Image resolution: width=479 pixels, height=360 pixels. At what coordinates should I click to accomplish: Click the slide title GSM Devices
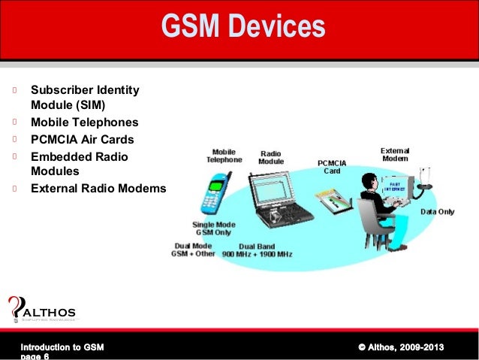pos(243,28)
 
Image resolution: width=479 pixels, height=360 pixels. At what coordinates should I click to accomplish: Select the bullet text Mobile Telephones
pos(84,123)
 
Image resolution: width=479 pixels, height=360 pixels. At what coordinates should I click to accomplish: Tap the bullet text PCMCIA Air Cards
pos(82,139)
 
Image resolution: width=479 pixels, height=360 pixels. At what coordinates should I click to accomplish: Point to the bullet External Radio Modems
pos(98,188)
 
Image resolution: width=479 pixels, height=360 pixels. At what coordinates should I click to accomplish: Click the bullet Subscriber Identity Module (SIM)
pos(84,98)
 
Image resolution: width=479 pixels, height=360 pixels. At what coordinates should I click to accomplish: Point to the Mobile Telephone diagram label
pos(224,156)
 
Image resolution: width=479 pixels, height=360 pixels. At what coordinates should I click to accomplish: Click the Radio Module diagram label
pos(271,156)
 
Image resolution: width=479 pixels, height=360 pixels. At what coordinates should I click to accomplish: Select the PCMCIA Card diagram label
pos(332,166)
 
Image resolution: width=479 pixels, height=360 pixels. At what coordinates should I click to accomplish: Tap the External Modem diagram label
pos(395,154)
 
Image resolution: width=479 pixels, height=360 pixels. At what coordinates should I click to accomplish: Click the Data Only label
pos(437,212)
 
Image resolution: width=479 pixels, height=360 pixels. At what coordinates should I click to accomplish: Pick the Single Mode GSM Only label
pos(213,228)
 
